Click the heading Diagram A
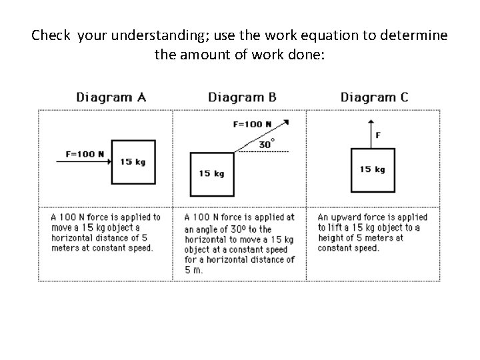(x=111, y=97)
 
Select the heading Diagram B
(x=242, y=97)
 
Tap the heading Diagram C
(x=374, y=97)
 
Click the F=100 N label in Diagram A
(x=85, y=154)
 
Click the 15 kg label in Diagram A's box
(x=133, y=162)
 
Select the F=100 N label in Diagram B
(x=252, y=124)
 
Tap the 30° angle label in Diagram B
(x=266, y=144)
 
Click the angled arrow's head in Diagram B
(x=285, y=122)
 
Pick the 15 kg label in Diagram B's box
(x=211, y=173)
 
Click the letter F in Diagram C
(x=379, y=135)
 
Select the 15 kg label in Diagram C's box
(x=372, y=169)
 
